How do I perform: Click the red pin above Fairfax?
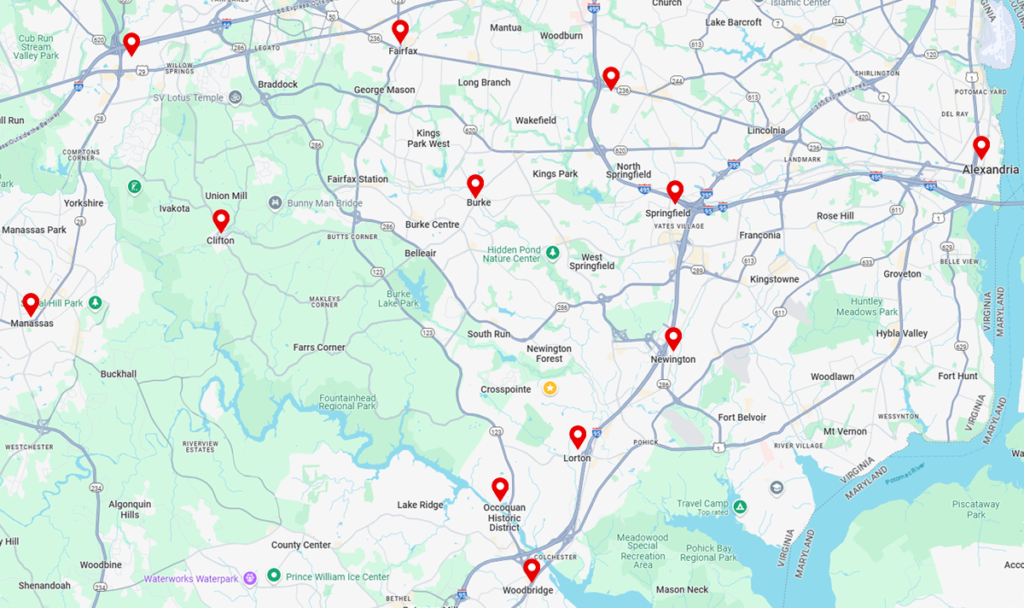click(400, 31)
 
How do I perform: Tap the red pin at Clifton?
click(221, 220)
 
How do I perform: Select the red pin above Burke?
click(475, 184)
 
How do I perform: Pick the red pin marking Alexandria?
click(981, 146)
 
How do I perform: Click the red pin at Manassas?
click(31, 303)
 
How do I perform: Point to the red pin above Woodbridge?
click(532, 569)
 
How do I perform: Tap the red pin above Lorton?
click(578, 436)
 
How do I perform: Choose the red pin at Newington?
click(673, 338)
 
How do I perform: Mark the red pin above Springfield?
click(675, 190)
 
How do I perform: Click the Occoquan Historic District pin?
click(500, 488)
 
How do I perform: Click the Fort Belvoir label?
click(742, 418)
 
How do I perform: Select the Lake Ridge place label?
click(420, 505)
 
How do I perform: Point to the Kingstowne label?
click(774, 279)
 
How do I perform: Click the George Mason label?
click(384, 90)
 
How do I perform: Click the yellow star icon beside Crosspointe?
click(550, 389)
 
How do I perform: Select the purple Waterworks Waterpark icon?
click(249, 578)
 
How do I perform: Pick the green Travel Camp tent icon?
click(740, 507)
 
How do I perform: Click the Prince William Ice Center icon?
click(274, 576)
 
